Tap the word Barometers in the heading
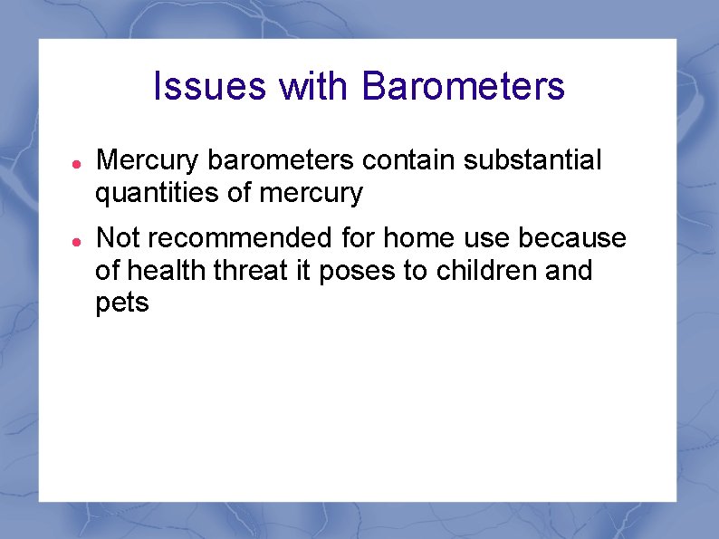coord(463,87)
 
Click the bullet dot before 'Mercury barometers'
coord(78,162)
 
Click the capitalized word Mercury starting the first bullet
coord(149,161)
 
